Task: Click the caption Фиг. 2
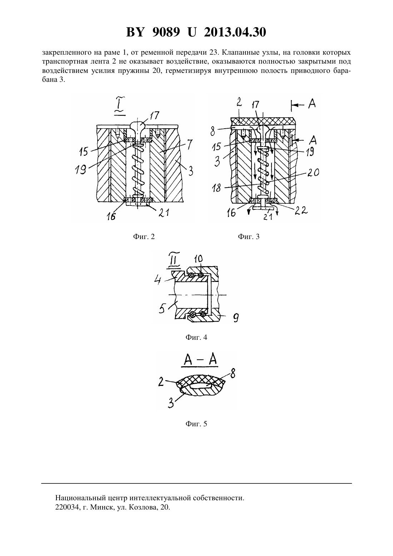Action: pos(144,237)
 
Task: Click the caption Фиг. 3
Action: pos(249,237)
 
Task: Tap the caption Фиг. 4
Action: pos(196,337)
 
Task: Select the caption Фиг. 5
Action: pos(196,424)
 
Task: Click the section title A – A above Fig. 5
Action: pos(200,360)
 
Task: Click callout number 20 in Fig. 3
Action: pos(313,172)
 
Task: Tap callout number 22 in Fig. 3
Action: pos(301,210)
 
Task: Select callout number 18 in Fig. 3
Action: pos(217,188)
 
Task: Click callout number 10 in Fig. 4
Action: pos(198,259)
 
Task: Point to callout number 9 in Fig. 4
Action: pos(235,318)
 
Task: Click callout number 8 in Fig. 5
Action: pos(233,373)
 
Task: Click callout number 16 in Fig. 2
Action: pos(111,217)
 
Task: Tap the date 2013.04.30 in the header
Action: pos(235,32)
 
